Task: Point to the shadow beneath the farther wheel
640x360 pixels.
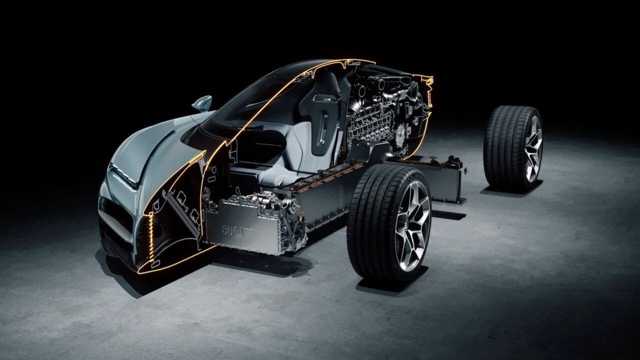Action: [x=510, y=190]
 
